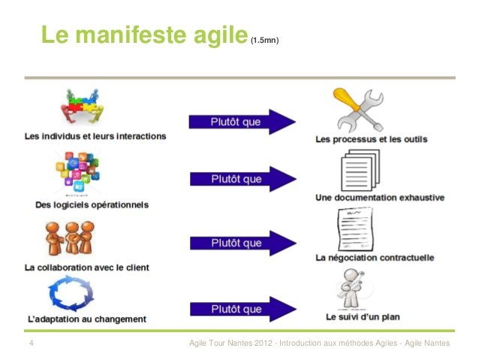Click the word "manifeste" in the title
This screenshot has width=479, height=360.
131,35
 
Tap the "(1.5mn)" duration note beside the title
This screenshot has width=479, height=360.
264,40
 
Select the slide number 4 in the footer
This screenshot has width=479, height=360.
32,343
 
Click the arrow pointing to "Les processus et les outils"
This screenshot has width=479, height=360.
243,122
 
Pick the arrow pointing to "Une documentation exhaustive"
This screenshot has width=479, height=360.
243,179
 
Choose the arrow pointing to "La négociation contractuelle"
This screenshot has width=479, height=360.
243,244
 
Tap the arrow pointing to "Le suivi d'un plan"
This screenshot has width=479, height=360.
243,309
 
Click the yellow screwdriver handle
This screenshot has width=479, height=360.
346,98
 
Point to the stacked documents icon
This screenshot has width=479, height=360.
360,170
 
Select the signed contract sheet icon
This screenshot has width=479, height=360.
356,229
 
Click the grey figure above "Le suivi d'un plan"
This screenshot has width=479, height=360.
351,289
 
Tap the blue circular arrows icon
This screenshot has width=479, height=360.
71,293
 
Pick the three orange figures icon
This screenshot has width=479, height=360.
70,238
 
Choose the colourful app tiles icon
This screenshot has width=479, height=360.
77,173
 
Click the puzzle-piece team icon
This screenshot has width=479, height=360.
82,106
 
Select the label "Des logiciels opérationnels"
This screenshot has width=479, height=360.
92,204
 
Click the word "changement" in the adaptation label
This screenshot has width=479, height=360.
120,319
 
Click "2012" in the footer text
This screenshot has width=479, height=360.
264,343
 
